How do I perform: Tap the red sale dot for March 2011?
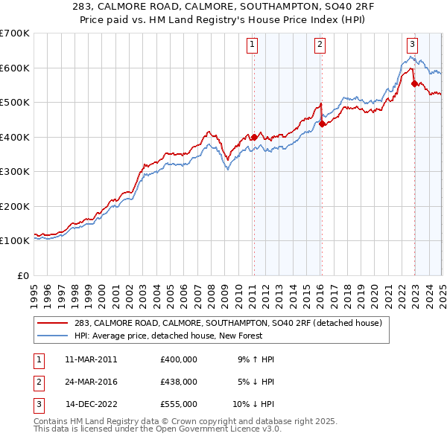coord(253,137)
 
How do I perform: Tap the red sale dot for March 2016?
coord(322,124)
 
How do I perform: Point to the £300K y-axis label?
coord(14,172)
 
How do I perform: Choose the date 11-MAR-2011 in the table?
coord(91,359)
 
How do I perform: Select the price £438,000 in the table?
coord(178,382)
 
